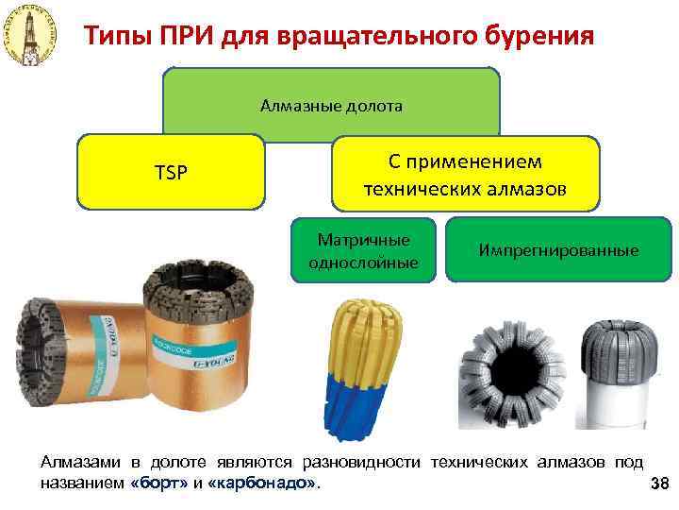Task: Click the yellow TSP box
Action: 171,172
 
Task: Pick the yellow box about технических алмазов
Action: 465,175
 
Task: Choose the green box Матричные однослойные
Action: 364,249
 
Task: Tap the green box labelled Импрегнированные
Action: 558,250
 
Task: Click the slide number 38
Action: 659,484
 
